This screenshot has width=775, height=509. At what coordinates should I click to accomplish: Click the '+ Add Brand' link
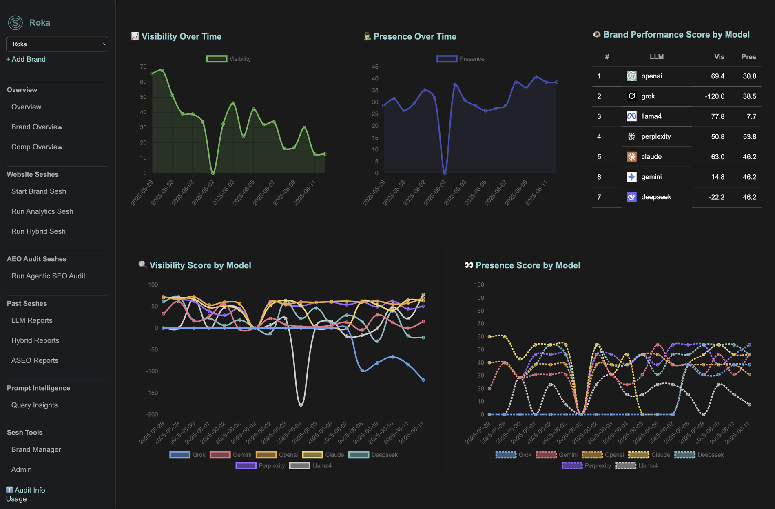(x=26, y=59)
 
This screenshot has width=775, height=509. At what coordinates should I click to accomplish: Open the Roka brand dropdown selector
(x=57, y=44)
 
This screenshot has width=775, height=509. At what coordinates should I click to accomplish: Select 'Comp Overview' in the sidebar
(x=37, y=147)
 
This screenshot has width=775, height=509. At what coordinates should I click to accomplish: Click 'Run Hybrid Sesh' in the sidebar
(x=38, y=231)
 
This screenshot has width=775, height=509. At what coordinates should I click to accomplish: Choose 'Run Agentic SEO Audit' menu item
(x=48, y=276)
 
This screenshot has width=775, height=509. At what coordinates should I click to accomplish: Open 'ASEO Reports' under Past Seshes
(x=35, y=360)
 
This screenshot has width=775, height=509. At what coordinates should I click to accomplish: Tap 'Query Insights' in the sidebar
(x=34, y=405)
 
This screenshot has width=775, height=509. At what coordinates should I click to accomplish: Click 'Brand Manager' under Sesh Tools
(x=36, y=449)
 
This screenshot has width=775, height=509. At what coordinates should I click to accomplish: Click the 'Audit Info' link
(x=30, y=490)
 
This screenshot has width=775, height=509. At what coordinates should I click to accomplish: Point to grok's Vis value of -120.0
(x=715, y=96)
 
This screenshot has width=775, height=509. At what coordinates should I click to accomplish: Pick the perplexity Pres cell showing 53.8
(x=749, y=137)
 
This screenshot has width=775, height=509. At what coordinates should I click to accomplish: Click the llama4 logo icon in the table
(x=631, y=116)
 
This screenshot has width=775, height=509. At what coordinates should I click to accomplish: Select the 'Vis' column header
(x=719, y=57)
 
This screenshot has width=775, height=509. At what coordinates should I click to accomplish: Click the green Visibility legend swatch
(x=217, y=59)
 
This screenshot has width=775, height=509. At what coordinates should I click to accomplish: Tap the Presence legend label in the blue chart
(x=472, y=59)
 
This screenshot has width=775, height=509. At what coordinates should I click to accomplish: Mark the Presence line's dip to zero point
(x=445, y=173)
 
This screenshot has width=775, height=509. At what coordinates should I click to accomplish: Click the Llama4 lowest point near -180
(x=301, y=405)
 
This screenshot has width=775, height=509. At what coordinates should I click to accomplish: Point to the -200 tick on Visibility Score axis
(x=152, y=414)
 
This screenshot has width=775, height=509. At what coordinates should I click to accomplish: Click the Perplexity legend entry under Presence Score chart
(x=598, y=466)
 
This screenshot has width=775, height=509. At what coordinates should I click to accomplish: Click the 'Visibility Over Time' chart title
(x=181, y=36)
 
